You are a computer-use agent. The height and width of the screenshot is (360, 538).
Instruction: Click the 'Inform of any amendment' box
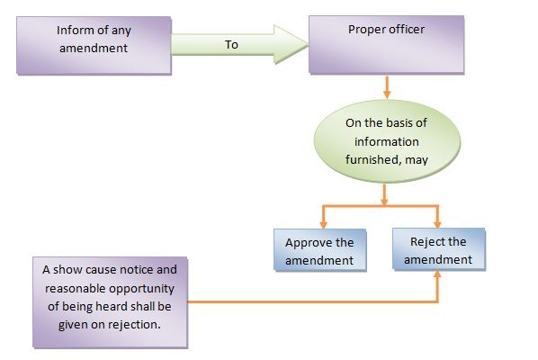94,45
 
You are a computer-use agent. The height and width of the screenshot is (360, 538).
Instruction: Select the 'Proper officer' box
386,45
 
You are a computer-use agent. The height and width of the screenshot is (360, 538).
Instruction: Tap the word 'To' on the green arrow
231,45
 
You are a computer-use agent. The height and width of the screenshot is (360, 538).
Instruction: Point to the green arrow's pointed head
308,45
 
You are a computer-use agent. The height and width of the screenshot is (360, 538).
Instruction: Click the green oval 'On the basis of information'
387,141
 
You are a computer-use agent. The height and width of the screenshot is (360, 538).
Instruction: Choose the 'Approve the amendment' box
319,250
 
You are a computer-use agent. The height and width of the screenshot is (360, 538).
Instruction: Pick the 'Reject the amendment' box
438,249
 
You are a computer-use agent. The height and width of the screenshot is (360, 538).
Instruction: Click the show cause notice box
110,302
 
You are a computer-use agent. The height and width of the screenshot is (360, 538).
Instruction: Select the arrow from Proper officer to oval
387,87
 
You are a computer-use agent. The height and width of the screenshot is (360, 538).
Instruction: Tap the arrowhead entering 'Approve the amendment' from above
323,224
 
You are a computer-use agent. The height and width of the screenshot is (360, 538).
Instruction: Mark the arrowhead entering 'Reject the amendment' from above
437,224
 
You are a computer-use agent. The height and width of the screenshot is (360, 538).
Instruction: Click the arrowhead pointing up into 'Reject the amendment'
437,274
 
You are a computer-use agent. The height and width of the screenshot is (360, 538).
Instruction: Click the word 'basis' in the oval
399,123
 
